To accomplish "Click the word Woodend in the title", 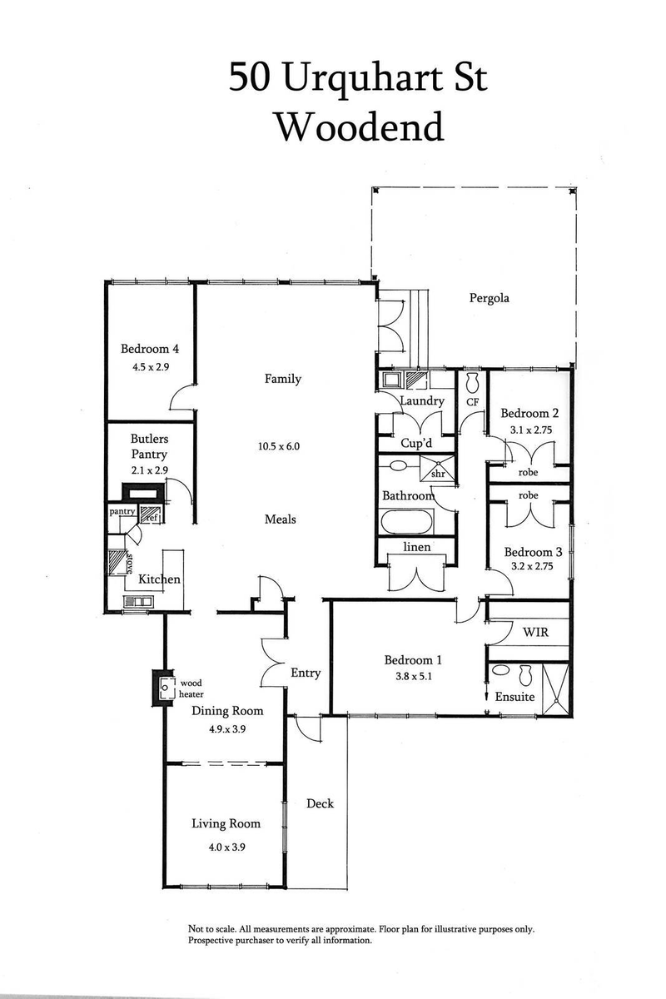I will pyautogui.click(x=358, y=127).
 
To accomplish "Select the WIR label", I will pyautogui.click(x=534, y=633).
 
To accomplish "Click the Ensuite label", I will pyautogui.click(x=515, y=697).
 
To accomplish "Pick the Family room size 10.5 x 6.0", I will pyautogui.click(x=278, y=446).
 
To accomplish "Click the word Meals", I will pyautogui.click(x=280, y=519).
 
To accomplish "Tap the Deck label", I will pyautogui.click(x=320, y=803).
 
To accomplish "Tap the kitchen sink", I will pyautogui.click(x=137, y=601).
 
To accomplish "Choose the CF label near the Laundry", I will pyautogui.click(x=472, y=402).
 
